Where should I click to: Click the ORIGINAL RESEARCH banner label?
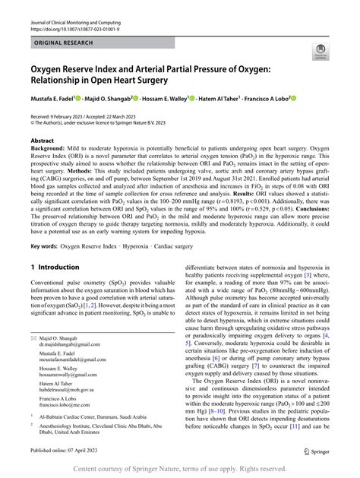(x=63, y=43)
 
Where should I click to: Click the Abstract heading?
(x=42, y=141)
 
